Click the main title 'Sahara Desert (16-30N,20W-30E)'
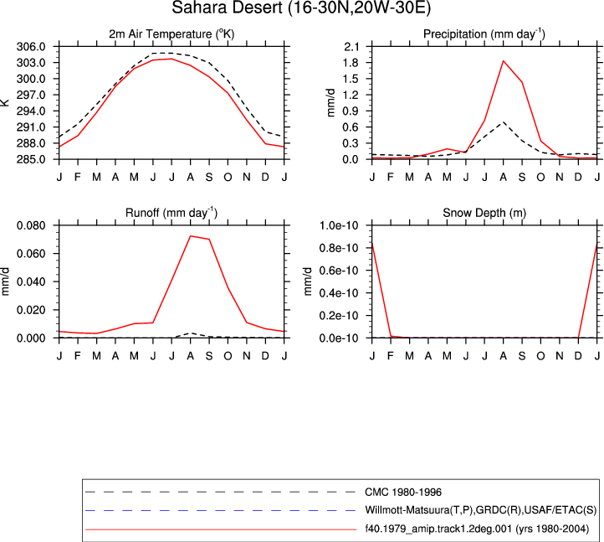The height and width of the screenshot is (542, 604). (x=301, y=8)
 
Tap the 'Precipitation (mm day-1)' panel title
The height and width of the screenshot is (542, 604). (x=484, y=34)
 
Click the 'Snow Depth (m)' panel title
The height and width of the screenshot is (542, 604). (x=484, y=213)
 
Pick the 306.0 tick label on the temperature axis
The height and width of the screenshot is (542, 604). (x=31, y=47)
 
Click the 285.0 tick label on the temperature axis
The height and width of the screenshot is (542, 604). (x=31, y=159)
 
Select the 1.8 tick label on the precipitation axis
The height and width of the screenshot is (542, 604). (x=351, y=63)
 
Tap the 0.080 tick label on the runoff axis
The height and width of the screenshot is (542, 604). (x=31, y=225)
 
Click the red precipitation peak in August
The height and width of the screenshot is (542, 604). (x=503, y=61)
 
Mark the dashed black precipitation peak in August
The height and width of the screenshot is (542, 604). (x=503, y=122)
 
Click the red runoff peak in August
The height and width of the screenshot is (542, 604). (x=190, y=236)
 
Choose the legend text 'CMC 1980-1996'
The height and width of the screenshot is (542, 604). (x=403, y=493)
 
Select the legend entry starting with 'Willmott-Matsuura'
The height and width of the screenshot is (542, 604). (x=481, y=510)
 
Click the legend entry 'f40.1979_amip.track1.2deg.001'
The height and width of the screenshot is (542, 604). (x=477, y=529)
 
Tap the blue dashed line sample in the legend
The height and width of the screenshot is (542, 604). (x=220, y=510)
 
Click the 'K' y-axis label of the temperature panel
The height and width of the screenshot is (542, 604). (x=5, y=102)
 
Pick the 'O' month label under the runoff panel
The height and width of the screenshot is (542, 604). (x=228, y=356)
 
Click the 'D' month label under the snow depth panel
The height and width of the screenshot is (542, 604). (x=578, y=356)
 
